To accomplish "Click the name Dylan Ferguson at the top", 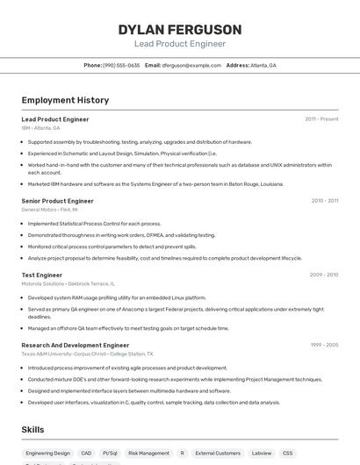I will [179, 29].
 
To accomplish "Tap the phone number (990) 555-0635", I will [121, 65].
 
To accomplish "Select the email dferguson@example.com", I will [191, 65].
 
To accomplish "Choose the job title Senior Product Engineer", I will [57, 201].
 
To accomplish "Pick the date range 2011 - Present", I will [321, 119].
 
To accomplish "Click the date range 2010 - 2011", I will [324, 201].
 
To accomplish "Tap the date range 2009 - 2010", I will [323, 275].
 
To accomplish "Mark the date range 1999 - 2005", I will [323, 345].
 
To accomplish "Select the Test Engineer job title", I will [41, 275].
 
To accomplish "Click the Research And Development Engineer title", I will [75, 345].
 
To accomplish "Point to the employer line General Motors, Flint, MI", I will [49, 210].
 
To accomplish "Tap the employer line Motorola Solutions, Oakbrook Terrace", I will [68, 283].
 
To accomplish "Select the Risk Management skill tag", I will [148, 454].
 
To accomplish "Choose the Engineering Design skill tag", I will [47, 454].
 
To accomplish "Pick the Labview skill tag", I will [261, 454].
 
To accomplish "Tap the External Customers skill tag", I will [218, 454].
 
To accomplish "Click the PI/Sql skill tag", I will [110, 454].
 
